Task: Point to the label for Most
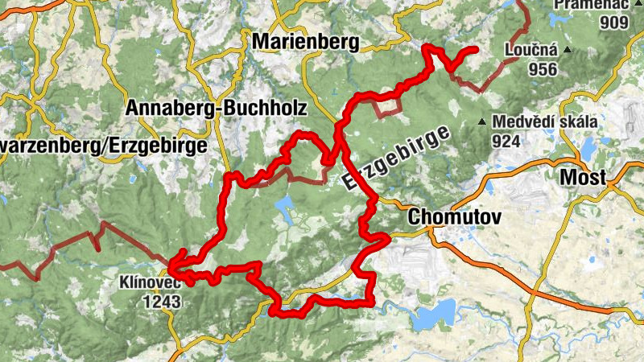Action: pyautogui.click(x=580, y=178)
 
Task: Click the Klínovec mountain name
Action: pyautogui.click(x=151, y=284)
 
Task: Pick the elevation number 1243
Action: pyautogui.click(x=161, y=302)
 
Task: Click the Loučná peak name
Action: pyautogui.click(x=531, y=51)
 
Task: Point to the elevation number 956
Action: pyautogui.click(x=543, y=69)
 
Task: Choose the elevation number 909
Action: pyautogui.click(x=613, y=22)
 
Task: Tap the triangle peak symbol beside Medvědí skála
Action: pyautogui.click(x=482, y=122)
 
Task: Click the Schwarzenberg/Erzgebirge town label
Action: pyautogui.click(x=103, y=146)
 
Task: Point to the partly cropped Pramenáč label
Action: pyautogui.click(x=591, y=4)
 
